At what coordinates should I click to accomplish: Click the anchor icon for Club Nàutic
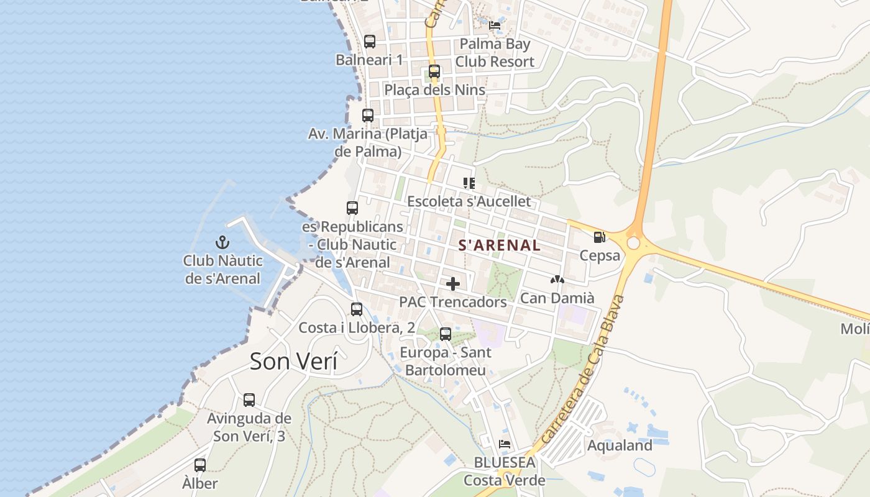click(222, 242)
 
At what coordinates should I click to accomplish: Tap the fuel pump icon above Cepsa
click(599, 237)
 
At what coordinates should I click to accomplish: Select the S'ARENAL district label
click(499, 245)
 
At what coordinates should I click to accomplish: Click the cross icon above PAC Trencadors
click(453, 284)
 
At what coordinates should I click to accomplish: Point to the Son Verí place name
click(293, 361)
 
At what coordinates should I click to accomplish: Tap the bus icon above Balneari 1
click(370, 42)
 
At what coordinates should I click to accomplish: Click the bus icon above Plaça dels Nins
click(434, 71)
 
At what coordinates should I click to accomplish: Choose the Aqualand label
click(620, 445)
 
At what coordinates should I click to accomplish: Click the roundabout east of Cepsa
click(633, 243)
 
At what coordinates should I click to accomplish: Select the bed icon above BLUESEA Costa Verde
click(505, 444)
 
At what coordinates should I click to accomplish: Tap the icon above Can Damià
click(557, 280)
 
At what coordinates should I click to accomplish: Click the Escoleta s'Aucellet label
click(469, 201)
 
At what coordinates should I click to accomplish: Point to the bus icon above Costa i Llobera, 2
click(357, 309)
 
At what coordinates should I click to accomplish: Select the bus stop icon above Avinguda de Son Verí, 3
click(249, 400)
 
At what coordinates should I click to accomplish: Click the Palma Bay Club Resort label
click(495, 53)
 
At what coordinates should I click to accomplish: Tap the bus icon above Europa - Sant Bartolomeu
click(446, 334)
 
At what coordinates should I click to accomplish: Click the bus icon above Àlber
click(200, 465)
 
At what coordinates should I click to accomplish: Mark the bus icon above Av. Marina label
click(368, 116)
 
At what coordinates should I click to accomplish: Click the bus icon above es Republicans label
click(352, 208)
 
